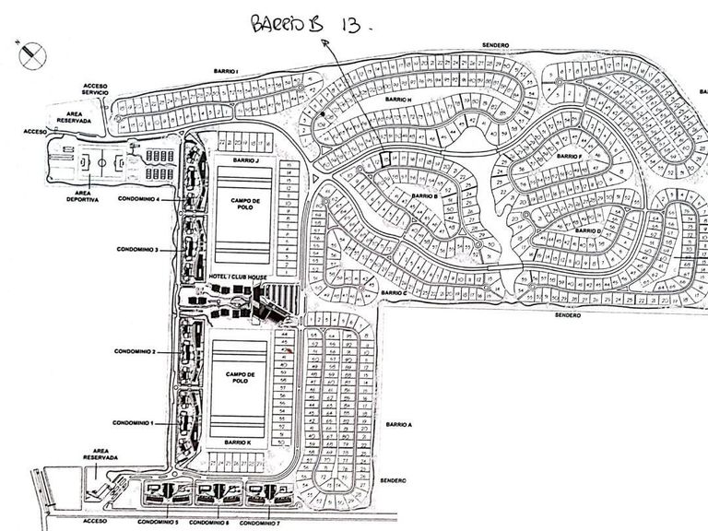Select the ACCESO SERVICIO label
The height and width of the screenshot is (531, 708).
click(x=95, y=89)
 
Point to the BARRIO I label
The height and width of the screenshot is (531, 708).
click(x=224, y=71)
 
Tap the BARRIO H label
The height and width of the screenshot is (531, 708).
click(x=399, y=99)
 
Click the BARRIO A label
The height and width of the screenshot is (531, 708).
click(x=398, y=424)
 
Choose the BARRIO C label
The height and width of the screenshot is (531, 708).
click(x=393, y=292)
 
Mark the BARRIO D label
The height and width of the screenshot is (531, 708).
click(x=588, y=230)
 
